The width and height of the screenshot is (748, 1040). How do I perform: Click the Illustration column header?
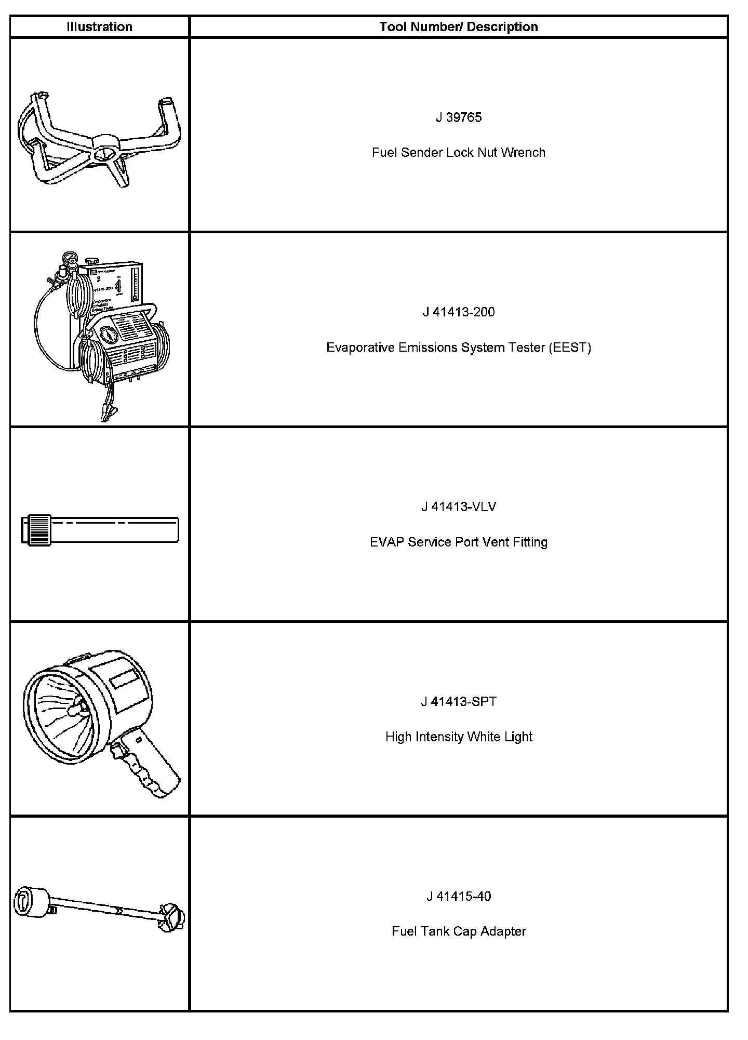[x=99, y=27]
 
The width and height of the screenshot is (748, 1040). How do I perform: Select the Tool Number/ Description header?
[x=458, y=27]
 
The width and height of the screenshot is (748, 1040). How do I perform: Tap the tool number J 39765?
[x=459, y=117]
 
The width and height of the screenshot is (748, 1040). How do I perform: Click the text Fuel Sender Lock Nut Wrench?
[x=459, y=153]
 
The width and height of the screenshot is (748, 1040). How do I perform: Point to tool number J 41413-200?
[x=459, y=312]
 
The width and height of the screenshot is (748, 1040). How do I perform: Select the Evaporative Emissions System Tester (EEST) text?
[x=459, y=348]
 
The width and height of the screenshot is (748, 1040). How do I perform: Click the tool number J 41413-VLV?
[x=459, y=507]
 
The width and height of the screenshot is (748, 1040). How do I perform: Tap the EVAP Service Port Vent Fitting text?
[x=459, y=542]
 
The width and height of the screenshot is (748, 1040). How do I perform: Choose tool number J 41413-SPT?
[x=459, y=702]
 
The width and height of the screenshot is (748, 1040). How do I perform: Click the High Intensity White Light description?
[x=459, y=737]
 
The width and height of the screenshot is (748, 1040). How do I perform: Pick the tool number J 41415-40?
[x=459, y=897]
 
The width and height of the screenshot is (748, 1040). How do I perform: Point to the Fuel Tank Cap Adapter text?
[x=459, y=931]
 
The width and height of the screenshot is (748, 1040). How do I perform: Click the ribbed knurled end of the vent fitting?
[x=39, y=530]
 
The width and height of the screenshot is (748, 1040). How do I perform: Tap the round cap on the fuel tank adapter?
[x=31, y=902]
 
